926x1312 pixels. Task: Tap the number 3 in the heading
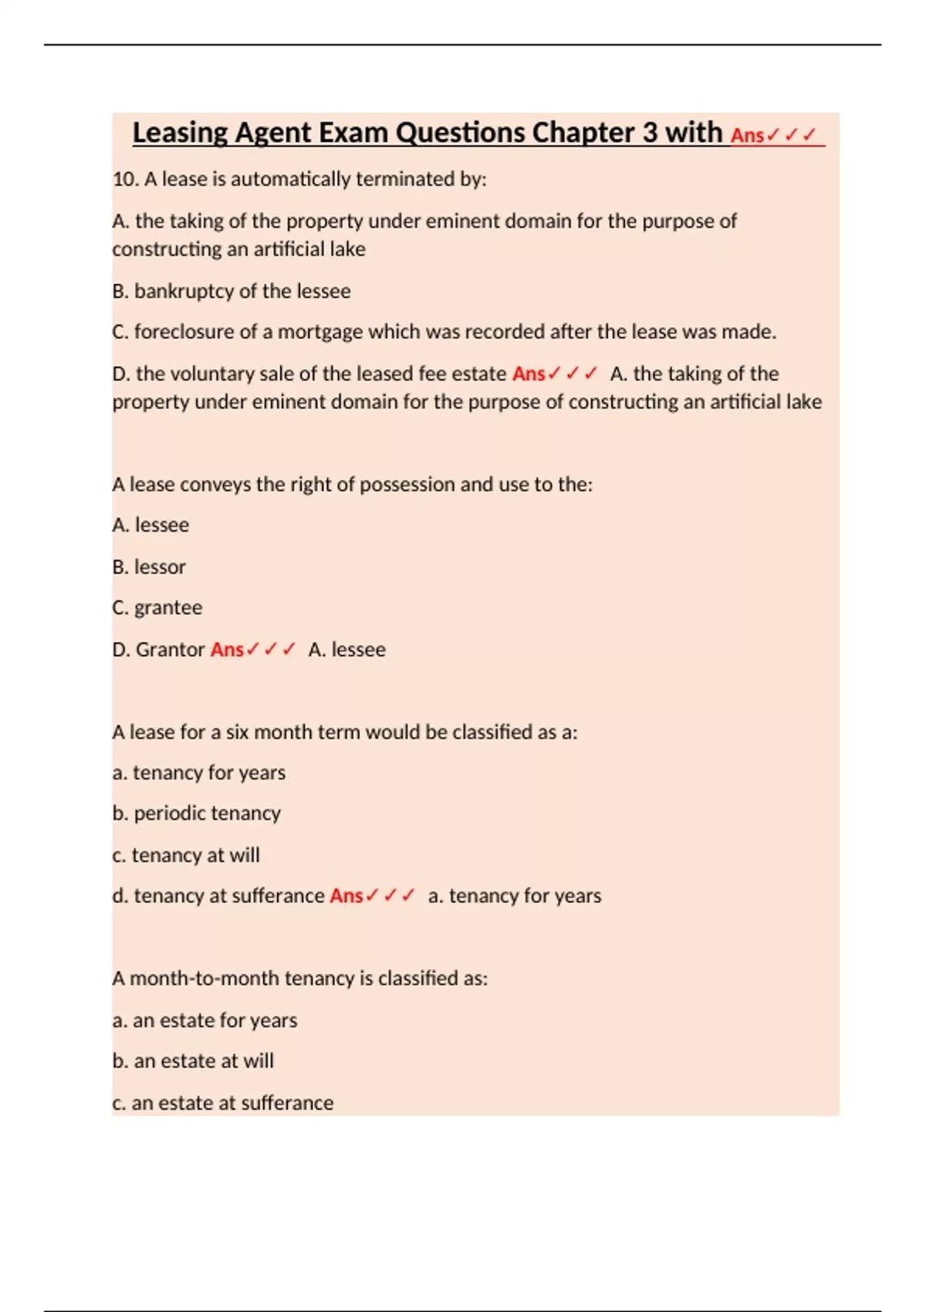tap(650, 133)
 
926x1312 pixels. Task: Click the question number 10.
tap(124, 179)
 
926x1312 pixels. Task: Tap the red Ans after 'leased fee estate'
tap(529, 374)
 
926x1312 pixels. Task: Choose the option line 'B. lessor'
tap(149, 567)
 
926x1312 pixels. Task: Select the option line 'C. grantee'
tap(157, 608)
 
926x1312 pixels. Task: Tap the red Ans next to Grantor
tap(227, 650)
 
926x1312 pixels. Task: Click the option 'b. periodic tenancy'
tap(197, 813)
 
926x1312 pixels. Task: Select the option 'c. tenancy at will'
tap(186, 855)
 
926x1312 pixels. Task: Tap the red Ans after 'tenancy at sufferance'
tap(346, 896)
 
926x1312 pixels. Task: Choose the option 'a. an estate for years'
tap(204, 1020)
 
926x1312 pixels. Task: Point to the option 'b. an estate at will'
tap(193, 1061)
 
